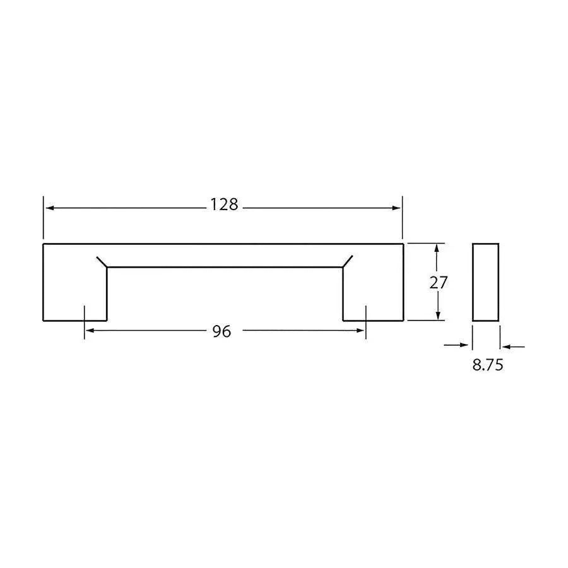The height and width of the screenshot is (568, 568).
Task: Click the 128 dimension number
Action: [x=224, y=205]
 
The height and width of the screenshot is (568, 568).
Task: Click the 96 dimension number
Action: [x=222, y=331]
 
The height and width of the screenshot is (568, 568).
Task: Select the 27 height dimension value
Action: [x=438, y=283]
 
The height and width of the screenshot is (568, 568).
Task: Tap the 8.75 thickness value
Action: [x=488, y=365]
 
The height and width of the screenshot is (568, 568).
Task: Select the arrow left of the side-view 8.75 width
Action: [x=465, y=345]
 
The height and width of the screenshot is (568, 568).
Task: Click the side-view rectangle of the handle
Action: [x=485, y=282]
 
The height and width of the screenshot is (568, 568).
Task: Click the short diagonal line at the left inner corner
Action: [x=101, y=262]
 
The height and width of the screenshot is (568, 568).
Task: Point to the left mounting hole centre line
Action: [x=84, y=322]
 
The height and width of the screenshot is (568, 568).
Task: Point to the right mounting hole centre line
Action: [x=365, y=322]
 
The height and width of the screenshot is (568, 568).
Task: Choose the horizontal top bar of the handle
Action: [x=223, y=255]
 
